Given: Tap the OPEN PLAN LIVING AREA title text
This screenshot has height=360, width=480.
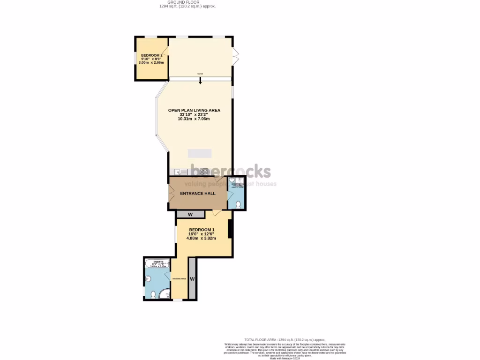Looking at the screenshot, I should point(194,111).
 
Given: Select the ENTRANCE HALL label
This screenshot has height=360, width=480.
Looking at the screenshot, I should point(197,193).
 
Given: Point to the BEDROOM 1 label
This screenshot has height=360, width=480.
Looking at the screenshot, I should point(202,229).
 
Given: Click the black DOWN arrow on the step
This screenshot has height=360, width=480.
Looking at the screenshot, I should point(201,81).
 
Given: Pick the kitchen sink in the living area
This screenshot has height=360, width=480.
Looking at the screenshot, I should point(180,171).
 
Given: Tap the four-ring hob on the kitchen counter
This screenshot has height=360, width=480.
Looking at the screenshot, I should point(204,171).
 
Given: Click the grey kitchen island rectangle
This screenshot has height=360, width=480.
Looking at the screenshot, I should point(200,153).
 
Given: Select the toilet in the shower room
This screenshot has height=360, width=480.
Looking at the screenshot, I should point(238,204).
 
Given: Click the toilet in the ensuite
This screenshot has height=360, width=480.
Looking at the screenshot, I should point(153,294).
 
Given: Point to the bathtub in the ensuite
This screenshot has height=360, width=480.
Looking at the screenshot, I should point(157,263).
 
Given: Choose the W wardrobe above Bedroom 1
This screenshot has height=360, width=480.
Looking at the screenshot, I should point(190,215).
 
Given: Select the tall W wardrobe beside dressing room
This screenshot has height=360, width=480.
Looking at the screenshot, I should point(192,279).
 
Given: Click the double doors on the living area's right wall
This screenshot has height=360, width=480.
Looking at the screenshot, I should point(236,56).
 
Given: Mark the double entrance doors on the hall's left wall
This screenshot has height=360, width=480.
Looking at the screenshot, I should point(170,194).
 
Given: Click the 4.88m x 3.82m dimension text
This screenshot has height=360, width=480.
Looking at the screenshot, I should point(202,238).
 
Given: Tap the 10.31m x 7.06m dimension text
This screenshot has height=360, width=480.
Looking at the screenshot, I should point(194,119).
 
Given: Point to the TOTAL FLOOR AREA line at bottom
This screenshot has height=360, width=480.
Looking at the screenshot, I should point(285,339).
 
